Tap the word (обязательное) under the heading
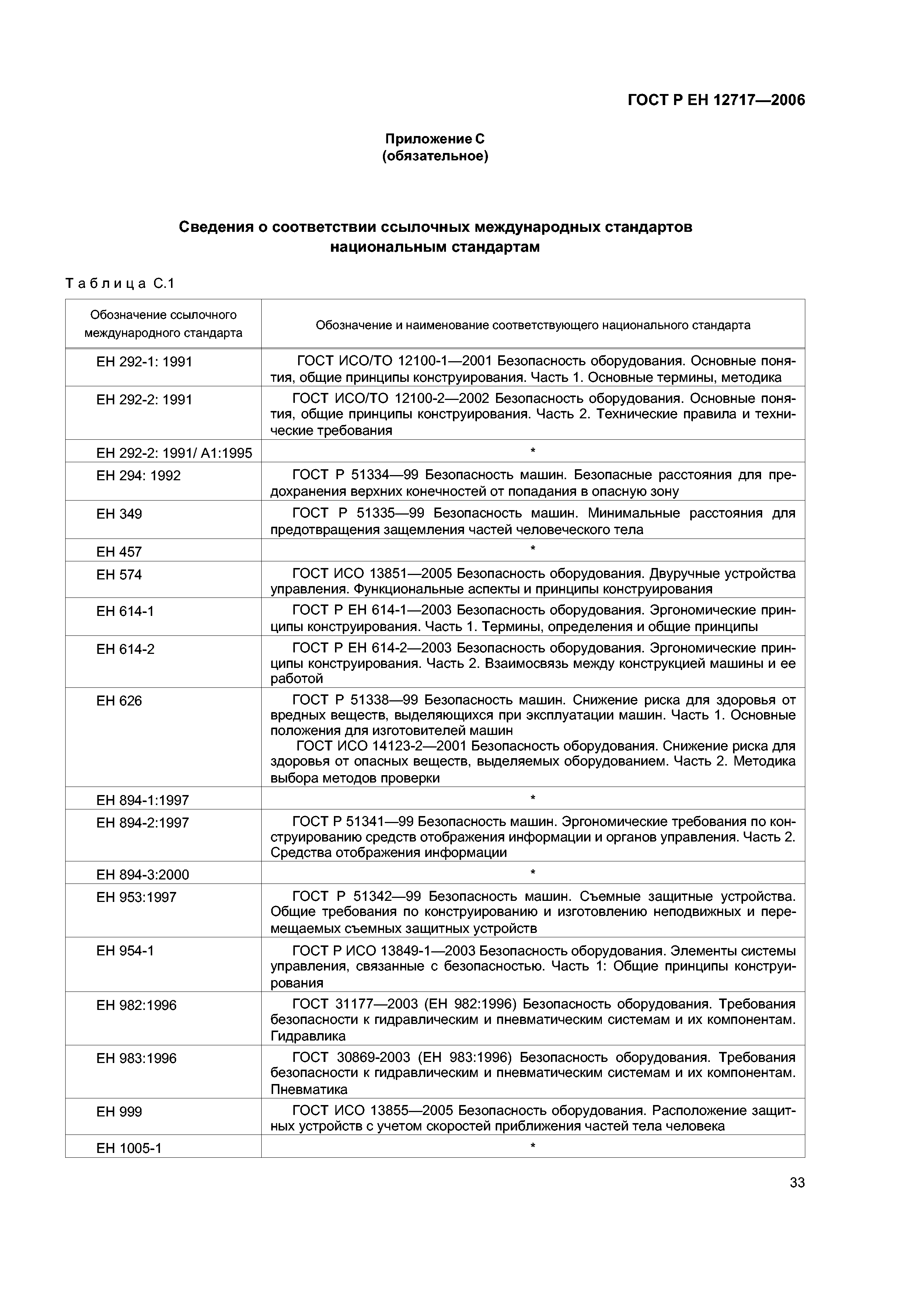pyautogui.click(x=435, y=156)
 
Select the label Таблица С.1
pyautogui.click(x=120, y=283)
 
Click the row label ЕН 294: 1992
pyautogui.click(x=139, y=476)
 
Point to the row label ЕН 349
pyautogui.click(x=119, y=514)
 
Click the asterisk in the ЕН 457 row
pyautogui.click(x=533, y=548)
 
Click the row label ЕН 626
pyautogui.click(x=119, y=701)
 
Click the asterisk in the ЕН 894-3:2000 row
pyautogui.click(x=533, y=873)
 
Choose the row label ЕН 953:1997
pyautogui.click(x=136, y=897)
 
